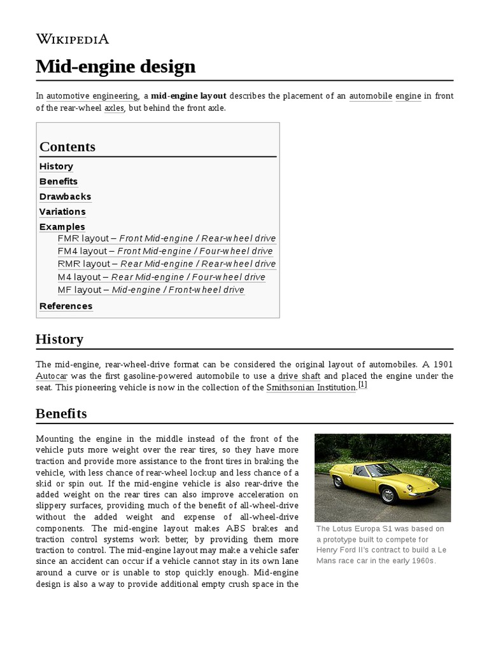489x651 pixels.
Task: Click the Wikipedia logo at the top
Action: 73,39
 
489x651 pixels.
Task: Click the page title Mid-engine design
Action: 115,66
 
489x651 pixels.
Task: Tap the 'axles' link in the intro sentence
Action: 114,108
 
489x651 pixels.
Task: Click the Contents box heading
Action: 67,147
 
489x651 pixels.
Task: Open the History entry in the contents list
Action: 56,167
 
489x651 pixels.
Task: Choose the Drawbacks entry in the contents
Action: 65,196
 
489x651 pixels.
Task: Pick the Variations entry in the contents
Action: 62,212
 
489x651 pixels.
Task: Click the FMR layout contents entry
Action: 166,238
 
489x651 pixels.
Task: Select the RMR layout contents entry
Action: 166,264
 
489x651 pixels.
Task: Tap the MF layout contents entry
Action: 151,290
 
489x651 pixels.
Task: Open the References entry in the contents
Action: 66,306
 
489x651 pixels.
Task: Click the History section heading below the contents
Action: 59,339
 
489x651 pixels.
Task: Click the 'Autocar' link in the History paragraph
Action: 52,376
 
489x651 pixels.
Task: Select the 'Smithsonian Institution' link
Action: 311,387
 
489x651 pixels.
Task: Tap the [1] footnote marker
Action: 362,385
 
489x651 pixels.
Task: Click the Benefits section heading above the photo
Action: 61,414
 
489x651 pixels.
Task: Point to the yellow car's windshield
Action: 389,470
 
